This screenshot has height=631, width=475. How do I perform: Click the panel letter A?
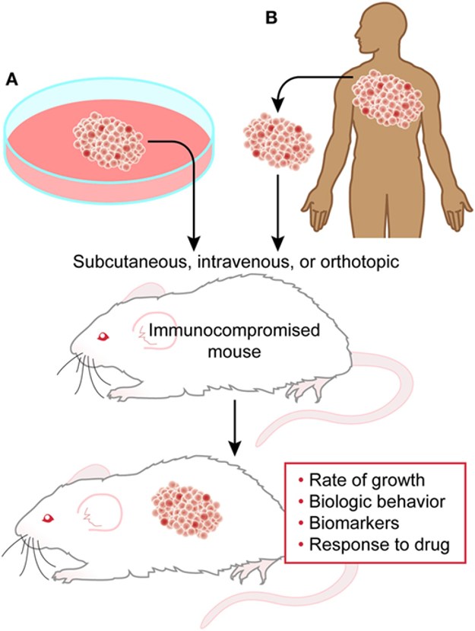pyautogui.click(x=12, y=79)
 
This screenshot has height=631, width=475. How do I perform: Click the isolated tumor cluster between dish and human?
pyautogui.click(x=277, y=140)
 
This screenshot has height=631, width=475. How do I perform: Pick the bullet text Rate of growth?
pyautogui.click(x=358, y=481)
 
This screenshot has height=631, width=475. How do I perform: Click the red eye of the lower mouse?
pyautogui.click(x=49, y=518)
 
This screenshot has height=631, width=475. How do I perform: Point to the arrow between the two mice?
pyautogui.click(x=238, y=430)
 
